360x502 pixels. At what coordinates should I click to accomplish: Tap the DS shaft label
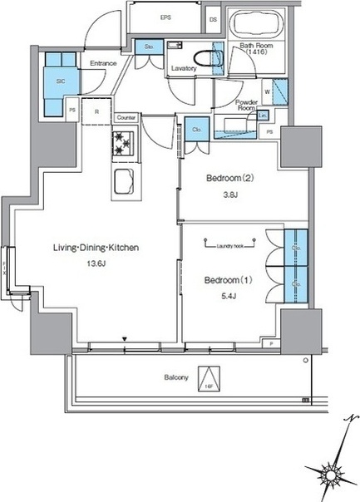point(214,17)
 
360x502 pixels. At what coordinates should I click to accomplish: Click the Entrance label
point(103,62)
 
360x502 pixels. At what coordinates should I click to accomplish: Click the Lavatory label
point(184,69)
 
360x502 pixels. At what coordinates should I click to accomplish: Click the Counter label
point(127,118)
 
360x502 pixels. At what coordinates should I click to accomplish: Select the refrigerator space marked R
point(97,111)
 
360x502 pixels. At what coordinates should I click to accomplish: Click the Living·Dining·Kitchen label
point(91,248)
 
